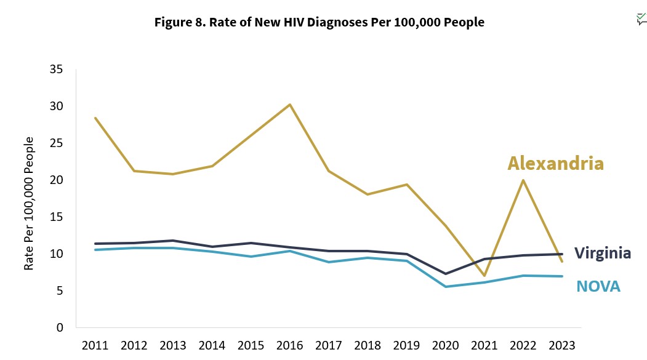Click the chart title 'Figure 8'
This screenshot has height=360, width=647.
(319, 23)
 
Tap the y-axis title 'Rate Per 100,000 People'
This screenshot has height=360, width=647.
(28, 204)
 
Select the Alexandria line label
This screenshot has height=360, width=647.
(555, 164)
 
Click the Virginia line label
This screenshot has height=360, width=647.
(602, 253)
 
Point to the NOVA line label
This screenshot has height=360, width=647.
(598, 286)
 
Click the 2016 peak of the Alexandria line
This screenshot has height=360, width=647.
(290, 105)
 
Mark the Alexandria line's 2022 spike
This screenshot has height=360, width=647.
(523, 180)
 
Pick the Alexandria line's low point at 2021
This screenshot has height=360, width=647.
(484, 276)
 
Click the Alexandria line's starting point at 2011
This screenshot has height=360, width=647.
(95, 118)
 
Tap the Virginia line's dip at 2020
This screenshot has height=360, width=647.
(446, 274)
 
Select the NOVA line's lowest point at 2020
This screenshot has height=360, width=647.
(446, 287)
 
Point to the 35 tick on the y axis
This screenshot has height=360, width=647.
(56, 70)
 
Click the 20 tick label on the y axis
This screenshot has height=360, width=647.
(56, 180)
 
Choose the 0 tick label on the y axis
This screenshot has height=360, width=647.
(60, 328)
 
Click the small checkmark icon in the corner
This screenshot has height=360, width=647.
(641, 19)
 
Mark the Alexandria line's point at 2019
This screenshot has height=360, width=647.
(407, 185)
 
